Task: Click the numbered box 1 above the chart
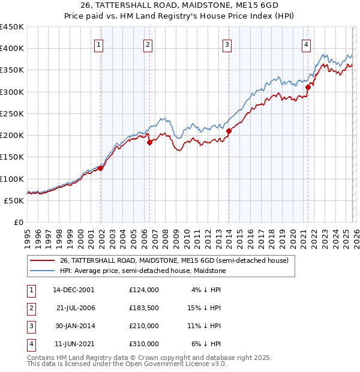tap(98, 44)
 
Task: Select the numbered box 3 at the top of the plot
tap(227, 44)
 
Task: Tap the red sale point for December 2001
tap(101, 168)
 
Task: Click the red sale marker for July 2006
tap(149, 142)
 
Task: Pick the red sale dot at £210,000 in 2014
tap(229, 131)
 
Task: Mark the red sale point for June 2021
tap(308, 87)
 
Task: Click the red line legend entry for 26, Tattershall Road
tap(174, 260)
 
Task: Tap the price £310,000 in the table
tap(144, 344)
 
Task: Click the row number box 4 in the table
tap(29, 344)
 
